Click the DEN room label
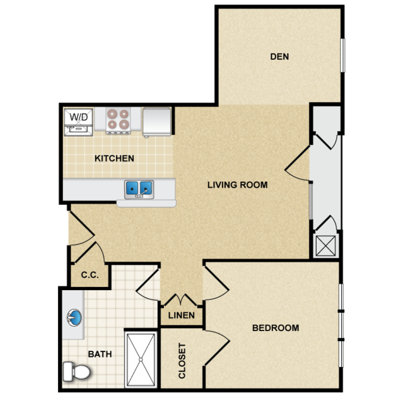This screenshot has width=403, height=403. (x=279, y=57)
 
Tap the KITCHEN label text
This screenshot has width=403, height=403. (x=114, y=158)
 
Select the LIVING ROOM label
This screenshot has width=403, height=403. (x=238, y=185)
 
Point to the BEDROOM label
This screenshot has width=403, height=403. (x=276, y=328)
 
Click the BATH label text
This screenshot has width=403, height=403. (x=100, y=354)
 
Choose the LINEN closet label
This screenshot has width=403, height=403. (x=182, y=315)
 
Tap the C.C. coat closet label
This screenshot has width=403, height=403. (x=90, y=275)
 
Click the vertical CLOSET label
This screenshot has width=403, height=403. (x=182, y=361)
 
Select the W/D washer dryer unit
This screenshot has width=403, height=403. (x=78, y=122)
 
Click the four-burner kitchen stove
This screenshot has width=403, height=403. (x=118, y=120)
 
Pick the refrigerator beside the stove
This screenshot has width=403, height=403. (x=157, y=122)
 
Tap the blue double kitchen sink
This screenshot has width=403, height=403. (x=139, y=189)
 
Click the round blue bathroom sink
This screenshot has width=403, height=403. (x=74, y=318)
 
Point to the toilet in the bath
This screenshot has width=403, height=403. (x=76, y=371)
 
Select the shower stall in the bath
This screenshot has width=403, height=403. (x=141, y=359)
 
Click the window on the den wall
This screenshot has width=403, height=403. (x=342, y=55)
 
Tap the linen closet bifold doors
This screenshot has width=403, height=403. (x=181, y=300)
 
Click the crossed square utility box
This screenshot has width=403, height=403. (x=325, y=246)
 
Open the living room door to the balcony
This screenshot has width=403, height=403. (x=298, y=163)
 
